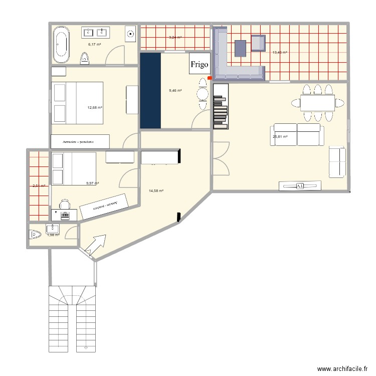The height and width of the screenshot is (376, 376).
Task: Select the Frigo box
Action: [x=199, y=65]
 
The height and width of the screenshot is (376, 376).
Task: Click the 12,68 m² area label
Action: [x=95, y=107]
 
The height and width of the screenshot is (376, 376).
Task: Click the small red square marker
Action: [x=210, y=78]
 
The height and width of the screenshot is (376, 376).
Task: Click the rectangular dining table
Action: [x=317, y=103]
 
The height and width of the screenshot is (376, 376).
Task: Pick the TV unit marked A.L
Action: [x=300, y=186]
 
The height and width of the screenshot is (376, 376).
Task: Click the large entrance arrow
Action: [x=95, y=245]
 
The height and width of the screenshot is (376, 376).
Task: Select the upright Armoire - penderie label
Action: [x=79, y=142]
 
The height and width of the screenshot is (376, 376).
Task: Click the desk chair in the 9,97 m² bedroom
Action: [x=64, y=204]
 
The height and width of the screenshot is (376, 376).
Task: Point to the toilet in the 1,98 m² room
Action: [x=35, y=234]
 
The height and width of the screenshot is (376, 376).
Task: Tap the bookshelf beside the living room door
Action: [x=221, y=105]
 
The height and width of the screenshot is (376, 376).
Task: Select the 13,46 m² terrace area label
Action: [x=279, y=52]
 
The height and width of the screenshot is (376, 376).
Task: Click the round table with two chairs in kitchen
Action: [x=202, y=94]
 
